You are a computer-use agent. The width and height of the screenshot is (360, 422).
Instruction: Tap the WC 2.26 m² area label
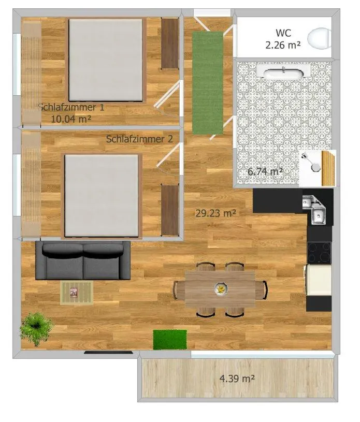pyautogui.click(x=283, y=39)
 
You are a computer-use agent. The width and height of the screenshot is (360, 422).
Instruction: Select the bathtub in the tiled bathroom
pyautogui.click(x=282, y=73)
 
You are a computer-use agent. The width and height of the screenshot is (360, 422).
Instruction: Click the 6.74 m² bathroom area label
pyautogui.click(x=265, y=171)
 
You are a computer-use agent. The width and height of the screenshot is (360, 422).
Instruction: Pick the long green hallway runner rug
pyautogui.click(x=208, y=82)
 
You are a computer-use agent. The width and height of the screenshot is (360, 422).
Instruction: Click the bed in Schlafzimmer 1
pyautogui.click(x=106, y=60)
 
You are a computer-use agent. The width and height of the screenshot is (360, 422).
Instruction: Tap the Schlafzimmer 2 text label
pyautogui.click(x=139, y=139)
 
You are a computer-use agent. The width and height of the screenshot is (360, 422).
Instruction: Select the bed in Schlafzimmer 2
pyautogui.click(x=102, y=196)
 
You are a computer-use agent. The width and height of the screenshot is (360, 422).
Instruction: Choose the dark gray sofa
pyautogui.click(x=83, y=260)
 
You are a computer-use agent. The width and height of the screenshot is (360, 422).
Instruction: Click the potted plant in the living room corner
pyautogui.click(x=36, y=327)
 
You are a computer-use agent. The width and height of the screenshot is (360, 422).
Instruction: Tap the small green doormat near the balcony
pyautogui.click(x=170, y=340)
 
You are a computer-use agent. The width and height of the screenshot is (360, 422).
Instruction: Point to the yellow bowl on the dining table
pyautogui.click(x=221, y=289)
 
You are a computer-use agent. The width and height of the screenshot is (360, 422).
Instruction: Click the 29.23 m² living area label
pyautogui.click(x=216, y=212)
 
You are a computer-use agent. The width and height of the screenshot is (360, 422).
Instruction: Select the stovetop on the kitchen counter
pyautogui.click(x=319, y=253)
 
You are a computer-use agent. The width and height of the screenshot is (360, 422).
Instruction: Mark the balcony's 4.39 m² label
pyautogui.click(x=237, y=379)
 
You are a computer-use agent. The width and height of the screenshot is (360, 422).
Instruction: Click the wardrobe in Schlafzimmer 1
pyautogui.click(x=169, y=43)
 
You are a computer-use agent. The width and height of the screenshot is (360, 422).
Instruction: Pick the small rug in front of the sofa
pyautogui.click(x=76, y=293)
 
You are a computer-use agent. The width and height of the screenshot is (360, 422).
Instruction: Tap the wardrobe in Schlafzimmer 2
pyautogui.click(x=169, y=210)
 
